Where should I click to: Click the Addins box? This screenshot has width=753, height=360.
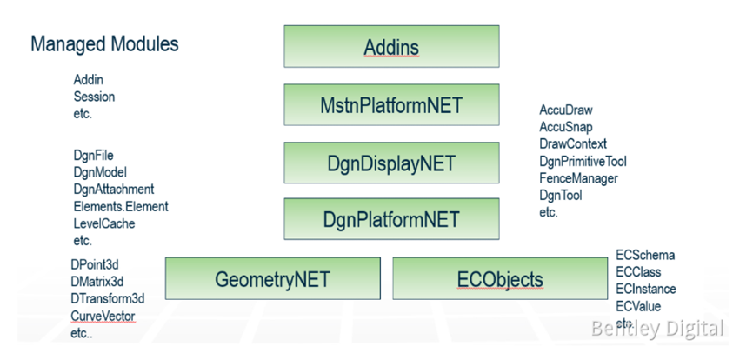391,47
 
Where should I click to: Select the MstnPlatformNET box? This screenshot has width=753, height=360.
391,105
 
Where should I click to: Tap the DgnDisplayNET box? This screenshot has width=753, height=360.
391,163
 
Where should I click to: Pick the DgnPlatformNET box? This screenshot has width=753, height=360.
391,219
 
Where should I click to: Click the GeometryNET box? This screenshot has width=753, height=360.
273,279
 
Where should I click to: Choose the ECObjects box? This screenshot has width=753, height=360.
500,279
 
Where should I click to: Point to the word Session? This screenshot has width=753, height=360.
94,97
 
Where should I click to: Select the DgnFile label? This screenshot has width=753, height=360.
93,156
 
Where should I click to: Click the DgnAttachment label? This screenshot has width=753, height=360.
114,190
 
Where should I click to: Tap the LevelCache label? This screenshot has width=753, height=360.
105,223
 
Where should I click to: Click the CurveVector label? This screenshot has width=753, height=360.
103,316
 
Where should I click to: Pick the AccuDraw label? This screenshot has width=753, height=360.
566,110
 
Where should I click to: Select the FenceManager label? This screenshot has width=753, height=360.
578,178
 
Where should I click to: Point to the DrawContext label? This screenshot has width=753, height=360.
573,144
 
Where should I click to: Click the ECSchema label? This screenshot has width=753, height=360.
645,256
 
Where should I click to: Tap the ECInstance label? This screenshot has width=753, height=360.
645,290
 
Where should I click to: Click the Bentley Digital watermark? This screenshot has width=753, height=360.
657,328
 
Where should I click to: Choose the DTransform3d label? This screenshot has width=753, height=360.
108,298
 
